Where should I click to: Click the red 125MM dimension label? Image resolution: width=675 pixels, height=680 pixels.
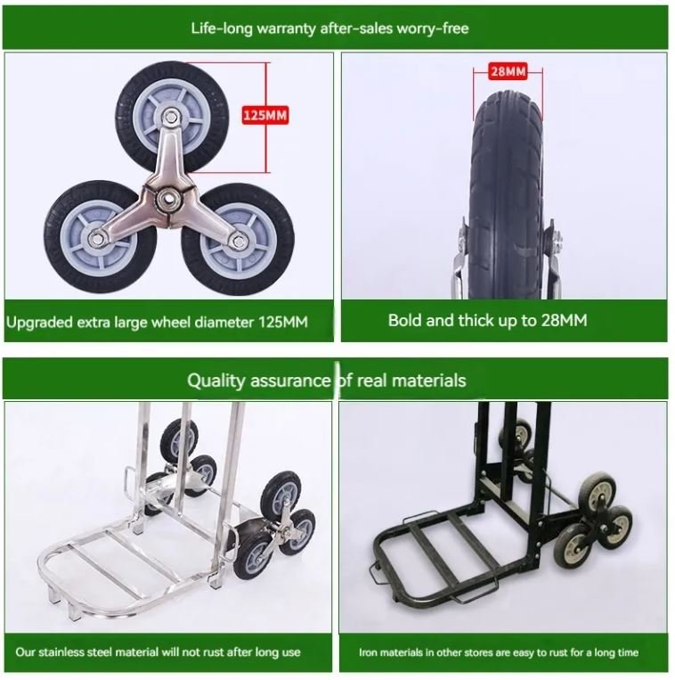click(x=265, y=115)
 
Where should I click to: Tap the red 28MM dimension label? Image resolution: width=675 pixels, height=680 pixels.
click(x=508, y=71)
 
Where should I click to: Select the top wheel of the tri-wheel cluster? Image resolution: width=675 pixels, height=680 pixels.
click(x=172, y=117)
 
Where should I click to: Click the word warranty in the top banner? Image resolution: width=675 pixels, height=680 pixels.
click(x=286, y=29)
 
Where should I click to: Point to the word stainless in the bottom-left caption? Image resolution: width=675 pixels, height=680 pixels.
click(x=61, y=652)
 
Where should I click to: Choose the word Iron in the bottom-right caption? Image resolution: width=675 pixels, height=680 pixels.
click(x=368, y=652)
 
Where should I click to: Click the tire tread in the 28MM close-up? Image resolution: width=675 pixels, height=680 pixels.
click(x=507, y=195)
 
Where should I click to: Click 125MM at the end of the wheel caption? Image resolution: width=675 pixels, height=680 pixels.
click(x=283, y=323)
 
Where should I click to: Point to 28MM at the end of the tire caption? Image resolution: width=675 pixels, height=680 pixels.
click(x=564, y=321)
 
